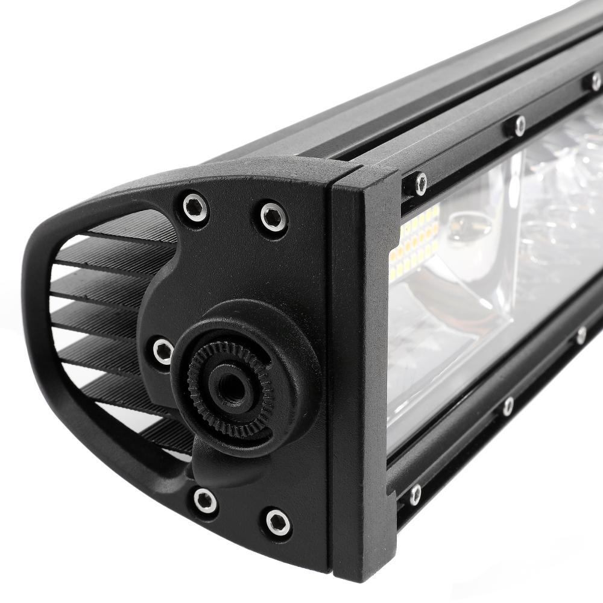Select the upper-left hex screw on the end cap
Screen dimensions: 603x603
click(x=195, y=207)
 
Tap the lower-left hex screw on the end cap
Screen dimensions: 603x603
click(x=205, y=500)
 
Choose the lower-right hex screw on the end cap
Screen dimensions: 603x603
click(x=277, y=522)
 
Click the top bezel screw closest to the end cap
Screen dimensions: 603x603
click(x=420, y=183)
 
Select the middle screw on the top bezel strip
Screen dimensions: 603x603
click(x=519, y=125)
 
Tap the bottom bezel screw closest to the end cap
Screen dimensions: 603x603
click(x=415, y=494)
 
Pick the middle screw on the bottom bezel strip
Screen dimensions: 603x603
click(x=508, y=406)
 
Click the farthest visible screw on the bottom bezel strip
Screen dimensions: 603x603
click(x=581, y=335)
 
